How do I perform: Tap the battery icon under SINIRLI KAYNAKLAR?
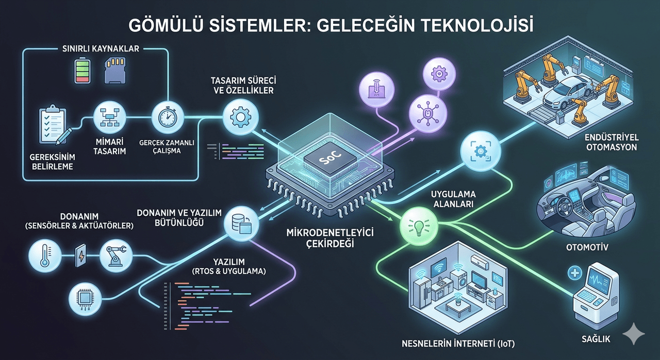click(82, 71)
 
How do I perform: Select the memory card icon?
click(115, 70)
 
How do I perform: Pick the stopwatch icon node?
click(168, 118)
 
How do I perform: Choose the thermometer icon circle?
click(45, 256)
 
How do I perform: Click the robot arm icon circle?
click(116, 256)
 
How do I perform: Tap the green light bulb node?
click(418, 226)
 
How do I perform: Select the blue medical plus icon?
click(575, 272)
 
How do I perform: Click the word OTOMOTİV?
click(587, 247)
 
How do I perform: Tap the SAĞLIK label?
click(596, 339)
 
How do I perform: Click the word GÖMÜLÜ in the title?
click(166, 26)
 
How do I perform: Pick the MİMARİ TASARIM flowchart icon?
click(110, 117)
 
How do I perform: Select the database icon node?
click(241, 224)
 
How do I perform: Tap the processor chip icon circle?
click(85, 299)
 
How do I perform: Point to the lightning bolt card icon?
click(81, 255)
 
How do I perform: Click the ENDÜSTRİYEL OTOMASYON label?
click(612, 142)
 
